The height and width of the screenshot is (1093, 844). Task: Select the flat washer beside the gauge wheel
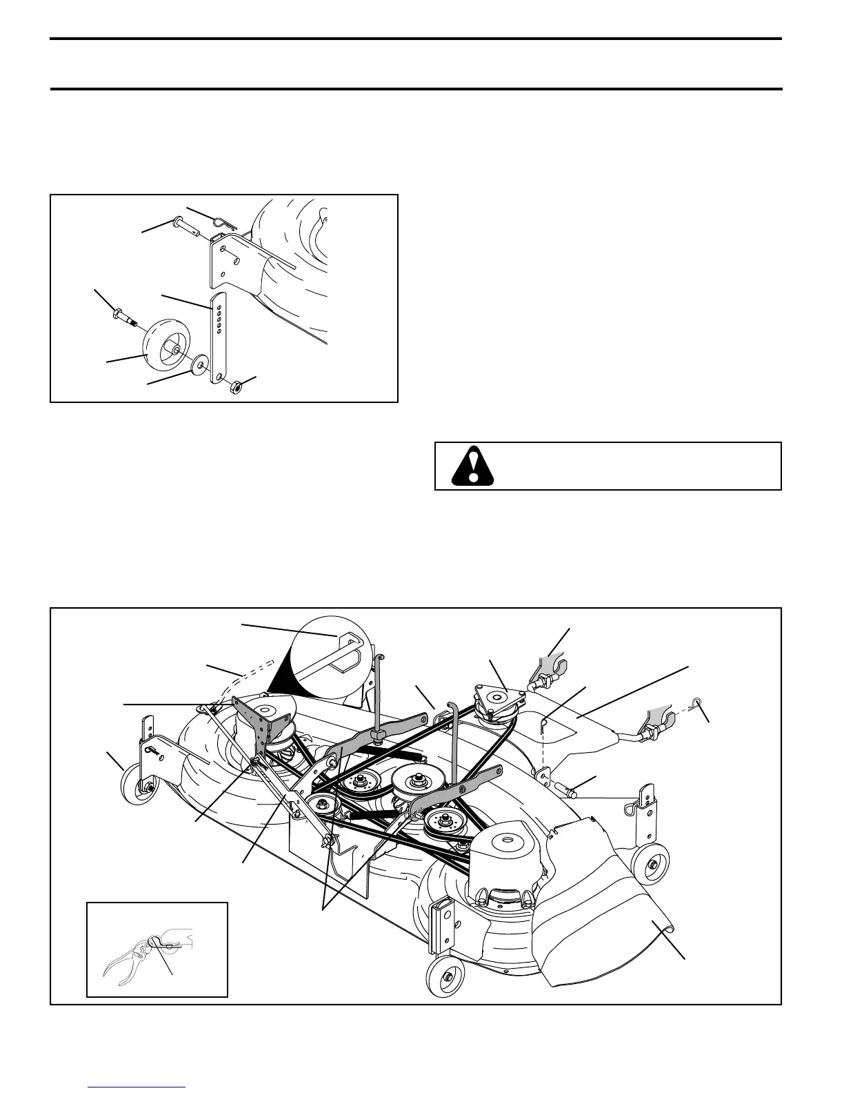[201, 362]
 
